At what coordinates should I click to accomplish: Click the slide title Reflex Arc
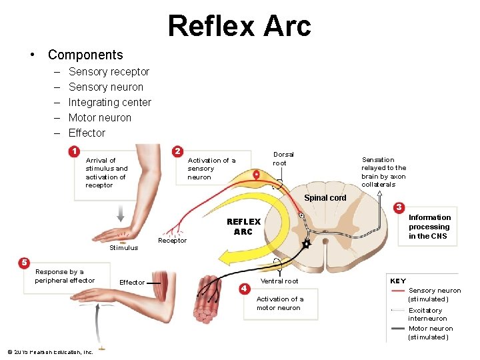[x=239, y=26]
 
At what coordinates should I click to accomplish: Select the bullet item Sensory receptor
[x=109, y=72]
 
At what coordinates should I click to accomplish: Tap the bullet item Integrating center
[x=109, y=103]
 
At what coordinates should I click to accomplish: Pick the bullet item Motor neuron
[x=99, y=118]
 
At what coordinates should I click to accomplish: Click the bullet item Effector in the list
[x=87, y=133]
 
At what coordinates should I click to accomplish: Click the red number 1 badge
[x=75, y=151]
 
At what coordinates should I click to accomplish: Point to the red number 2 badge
[x=177, y=151]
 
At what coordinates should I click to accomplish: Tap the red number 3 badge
[x=399, y=209]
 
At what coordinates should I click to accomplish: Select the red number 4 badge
[x=245, y=288]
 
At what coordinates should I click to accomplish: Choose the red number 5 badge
[x=24, y=262]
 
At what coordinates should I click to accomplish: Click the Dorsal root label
[x=283, y=159]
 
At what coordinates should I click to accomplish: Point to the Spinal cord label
[x=325, y=198]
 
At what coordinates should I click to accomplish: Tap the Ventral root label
[x=279, y=281]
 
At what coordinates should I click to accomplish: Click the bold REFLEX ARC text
[x=243, y=227]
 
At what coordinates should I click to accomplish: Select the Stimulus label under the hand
[x=123, y=248]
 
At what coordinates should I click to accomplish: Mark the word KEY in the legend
[x=397, y=281]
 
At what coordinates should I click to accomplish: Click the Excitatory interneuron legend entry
[x=427, y=314]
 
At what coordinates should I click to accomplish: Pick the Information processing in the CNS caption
[x=429, y=227]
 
